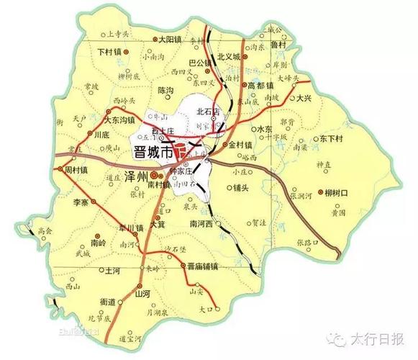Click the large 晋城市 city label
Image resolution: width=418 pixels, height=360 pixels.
[x=153, y=152]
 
